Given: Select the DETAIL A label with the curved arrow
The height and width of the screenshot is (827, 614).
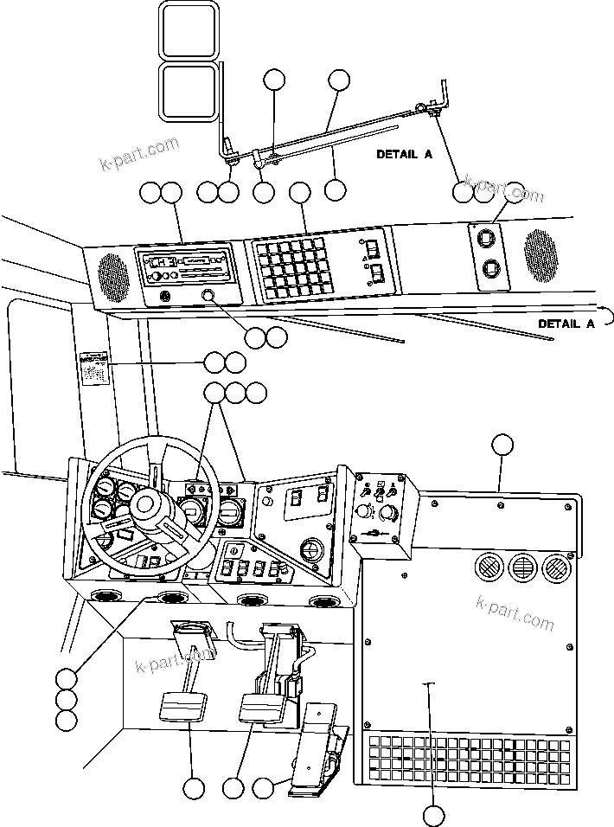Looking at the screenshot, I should tap(567, 323).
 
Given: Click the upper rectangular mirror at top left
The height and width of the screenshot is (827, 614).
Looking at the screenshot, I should tap(189, 30).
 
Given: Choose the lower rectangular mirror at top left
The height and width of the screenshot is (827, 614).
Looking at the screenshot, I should tap(189, 91).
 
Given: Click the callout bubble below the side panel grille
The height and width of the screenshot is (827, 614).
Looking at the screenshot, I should tap(434, 813).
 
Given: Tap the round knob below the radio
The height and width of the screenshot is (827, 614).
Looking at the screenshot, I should tap(208, 297).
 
